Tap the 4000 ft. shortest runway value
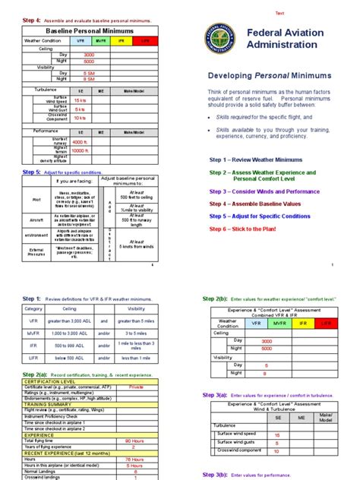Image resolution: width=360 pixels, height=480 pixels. coord(80,142)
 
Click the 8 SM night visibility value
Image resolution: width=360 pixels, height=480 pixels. coord(89,78)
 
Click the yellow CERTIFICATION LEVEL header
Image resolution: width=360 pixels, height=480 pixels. coord(53,381)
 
